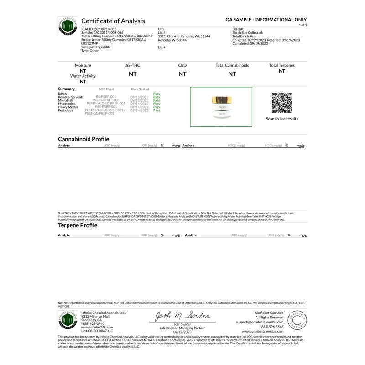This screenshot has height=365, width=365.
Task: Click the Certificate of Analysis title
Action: click(113, 21)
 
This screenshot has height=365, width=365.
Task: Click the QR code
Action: click(282, 103)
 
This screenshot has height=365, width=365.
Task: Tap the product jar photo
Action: click(221, 107)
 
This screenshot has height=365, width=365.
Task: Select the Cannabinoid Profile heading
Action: click(83, 139)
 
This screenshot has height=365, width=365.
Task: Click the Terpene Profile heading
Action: click(78, 225)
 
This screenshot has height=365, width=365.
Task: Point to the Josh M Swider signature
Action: click(182, 316)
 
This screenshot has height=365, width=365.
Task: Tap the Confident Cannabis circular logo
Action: click(298, 320)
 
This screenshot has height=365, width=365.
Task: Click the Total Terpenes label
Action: click(282, 65)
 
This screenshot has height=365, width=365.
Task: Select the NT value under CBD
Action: click(182, 73)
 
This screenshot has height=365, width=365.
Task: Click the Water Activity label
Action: click(83, 76)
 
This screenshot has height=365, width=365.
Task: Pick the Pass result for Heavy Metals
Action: click(156, 107)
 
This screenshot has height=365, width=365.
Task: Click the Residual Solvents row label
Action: click(71, 97)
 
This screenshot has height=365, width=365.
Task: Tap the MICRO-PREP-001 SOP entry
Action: click(105, 100)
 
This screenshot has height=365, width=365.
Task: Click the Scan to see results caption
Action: click(282, 119)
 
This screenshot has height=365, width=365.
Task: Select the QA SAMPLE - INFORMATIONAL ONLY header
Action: click(266, 20)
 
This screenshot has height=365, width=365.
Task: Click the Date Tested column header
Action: click(140, 89)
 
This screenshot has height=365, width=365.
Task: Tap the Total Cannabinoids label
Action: click(232, 65)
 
